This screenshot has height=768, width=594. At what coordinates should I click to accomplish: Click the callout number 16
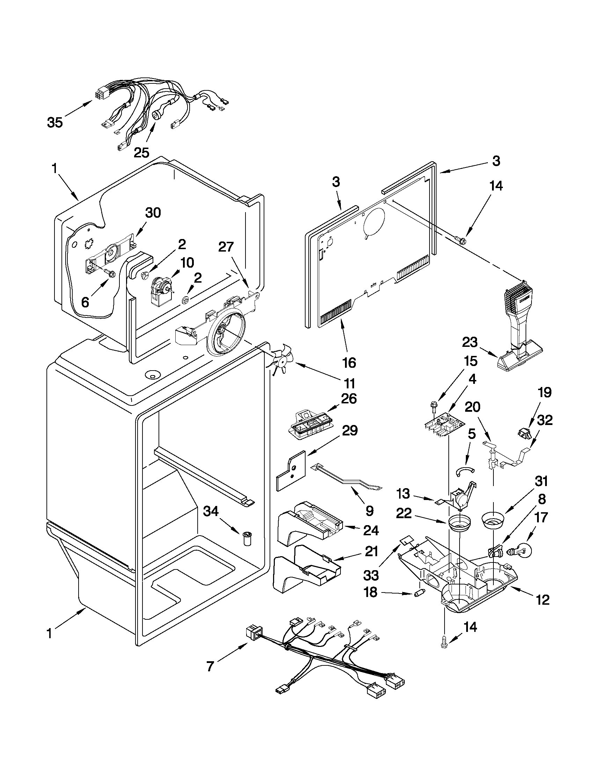[x=349, y=362]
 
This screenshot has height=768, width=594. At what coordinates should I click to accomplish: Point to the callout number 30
[x=153, y=213]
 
